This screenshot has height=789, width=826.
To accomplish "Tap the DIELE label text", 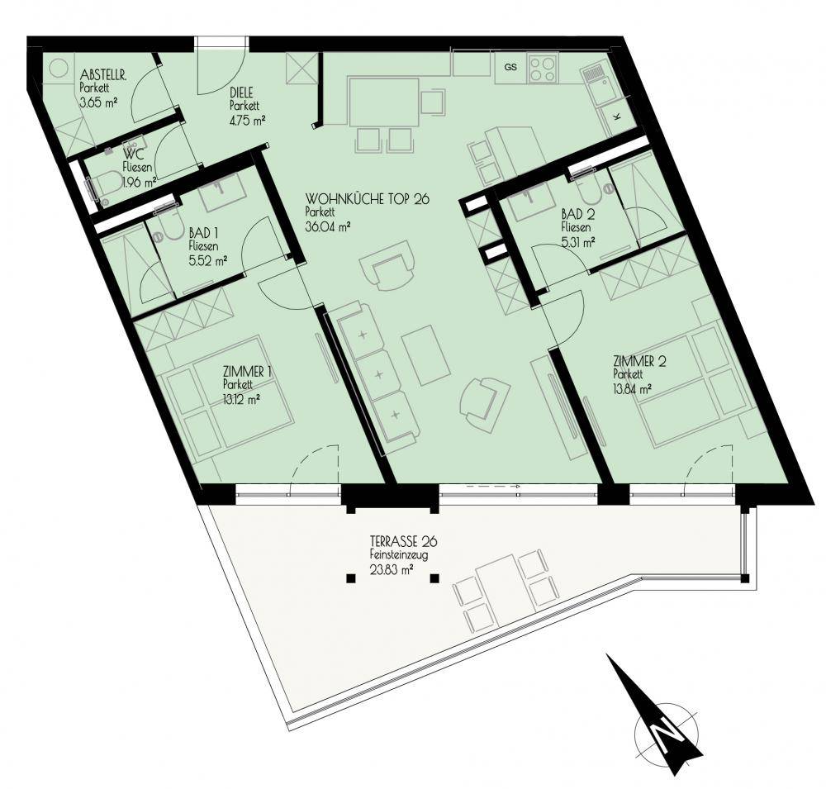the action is point(241,93).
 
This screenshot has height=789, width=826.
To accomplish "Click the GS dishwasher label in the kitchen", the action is point(510,67).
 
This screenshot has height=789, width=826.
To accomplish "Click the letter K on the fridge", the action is point(617,116).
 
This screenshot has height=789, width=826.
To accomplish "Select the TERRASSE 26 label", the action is point(404,541).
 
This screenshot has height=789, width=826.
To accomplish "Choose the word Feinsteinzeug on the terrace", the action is point(398,554).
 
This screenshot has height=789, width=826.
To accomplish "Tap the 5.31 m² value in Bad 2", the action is point(578,241).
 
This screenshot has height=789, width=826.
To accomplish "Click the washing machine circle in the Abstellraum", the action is point(59,68).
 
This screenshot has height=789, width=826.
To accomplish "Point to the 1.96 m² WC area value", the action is point(139,183).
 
